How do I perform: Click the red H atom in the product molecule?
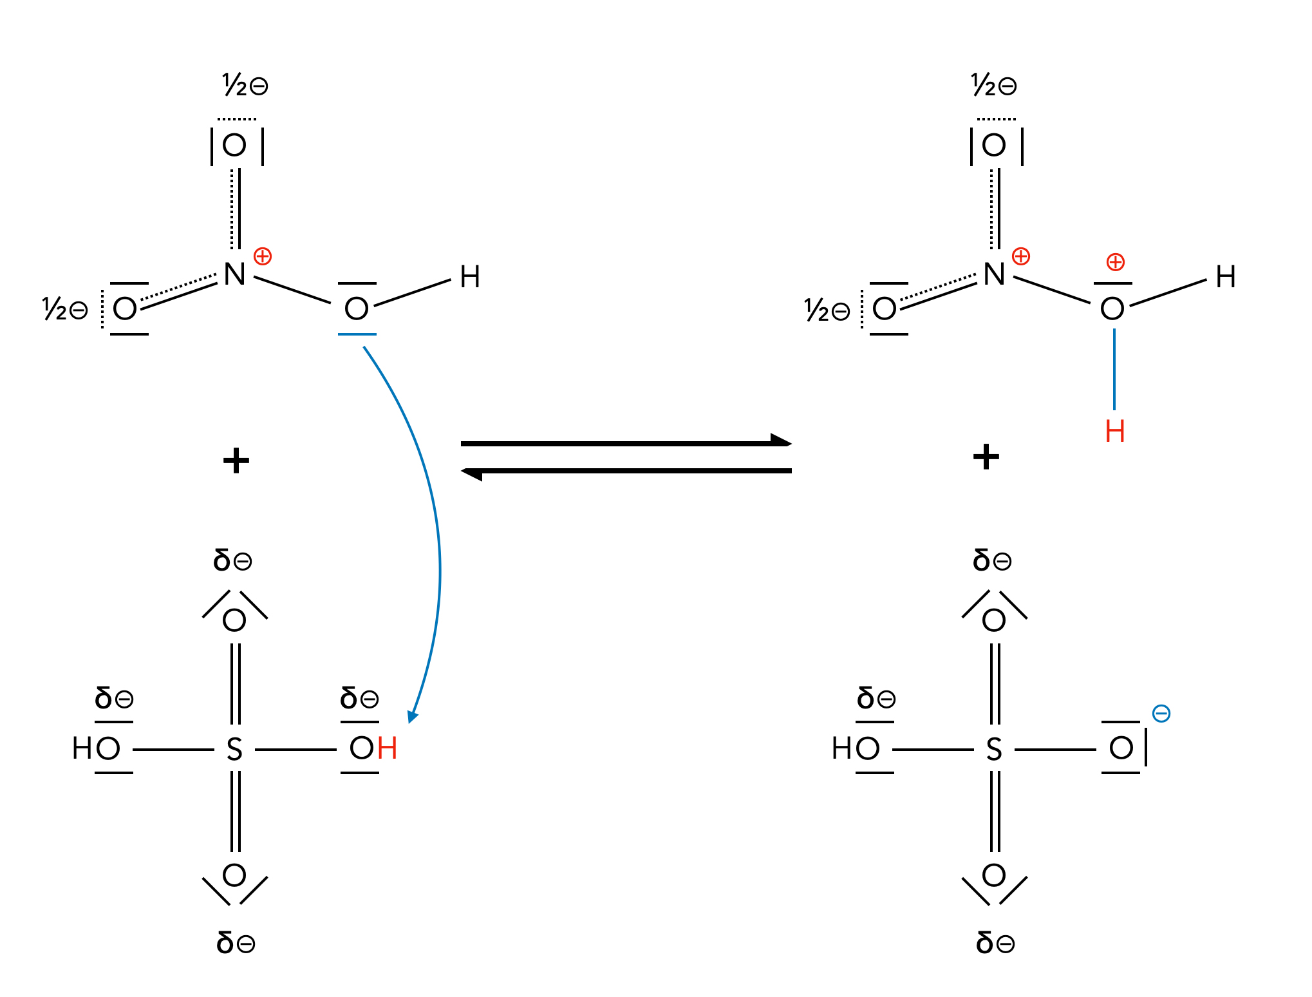coord(1114,432)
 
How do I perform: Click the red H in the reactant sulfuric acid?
coord(388,748)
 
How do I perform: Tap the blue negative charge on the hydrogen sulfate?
coord(1161,713)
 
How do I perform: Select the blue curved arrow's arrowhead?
coord(413,716)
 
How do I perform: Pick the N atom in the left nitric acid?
coord(234,274)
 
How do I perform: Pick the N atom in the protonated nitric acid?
coord(994,274)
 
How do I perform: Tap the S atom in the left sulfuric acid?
coord(234,750)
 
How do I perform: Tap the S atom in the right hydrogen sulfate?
coord(994,750)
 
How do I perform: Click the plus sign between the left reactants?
coord(236,461)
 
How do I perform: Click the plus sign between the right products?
coord(986,457)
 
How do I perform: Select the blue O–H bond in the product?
coord(1114,369)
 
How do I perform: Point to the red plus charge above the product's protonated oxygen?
coord(1115,262)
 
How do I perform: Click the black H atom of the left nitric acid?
coord(470,278)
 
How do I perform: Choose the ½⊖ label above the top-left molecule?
coord(245,85)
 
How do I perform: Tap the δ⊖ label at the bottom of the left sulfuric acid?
coord(236,943)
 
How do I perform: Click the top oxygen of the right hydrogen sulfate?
coord(994,620)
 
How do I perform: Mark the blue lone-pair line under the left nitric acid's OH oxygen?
coord(357,334)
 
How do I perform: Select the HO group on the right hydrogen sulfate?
coord(855,748)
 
